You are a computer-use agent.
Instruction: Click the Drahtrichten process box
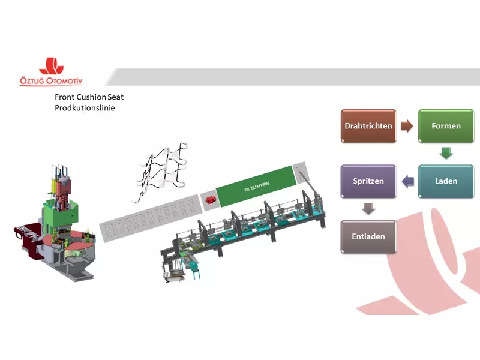[368, 126]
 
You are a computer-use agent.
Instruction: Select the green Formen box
[446, 126]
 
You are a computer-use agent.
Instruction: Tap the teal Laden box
[446, 181]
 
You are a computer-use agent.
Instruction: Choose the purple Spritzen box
[368, 181]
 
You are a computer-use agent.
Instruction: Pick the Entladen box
[368, 236]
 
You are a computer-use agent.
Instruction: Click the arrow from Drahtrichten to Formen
[407, 126]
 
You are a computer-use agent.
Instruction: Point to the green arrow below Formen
[446, 154]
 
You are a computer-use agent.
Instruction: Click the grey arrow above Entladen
[368, 209]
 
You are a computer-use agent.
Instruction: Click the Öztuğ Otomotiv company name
[58, 80]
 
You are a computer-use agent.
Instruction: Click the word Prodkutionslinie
[85, 108]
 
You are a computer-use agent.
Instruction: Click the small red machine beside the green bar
[210, 200]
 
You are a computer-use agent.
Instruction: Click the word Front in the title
[65, 97]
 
